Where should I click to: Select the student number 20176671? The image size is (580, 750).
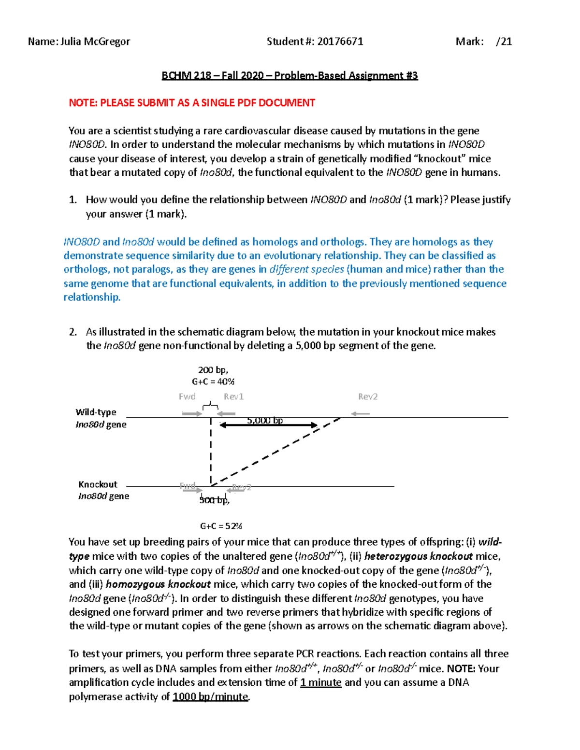pos(340,42)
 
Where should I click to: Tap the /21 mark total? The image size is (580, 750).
pos(504,42)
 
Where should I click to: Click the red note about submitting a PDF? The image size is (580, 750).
pos(192,103)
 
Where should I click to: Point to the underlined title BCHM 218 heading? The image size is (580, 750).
pos(290,76)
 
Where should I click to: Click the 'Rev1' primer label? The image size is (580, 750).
pos(233,396)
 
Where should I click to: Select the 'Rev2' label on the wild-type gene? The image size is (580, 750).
pos(367,396)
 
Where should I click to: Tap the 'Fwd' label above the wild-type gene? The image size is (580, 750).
pos(187,396)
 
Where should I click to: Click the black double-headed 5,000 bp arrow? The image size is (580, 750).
pos(268,425)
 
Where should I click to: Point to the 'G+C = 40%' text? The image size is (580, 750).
pos(213,382)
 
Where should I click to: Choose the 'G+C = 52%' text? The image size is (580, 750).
pos(221,526)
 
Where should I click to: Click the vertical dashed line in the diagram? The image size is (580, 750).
pos(211,452)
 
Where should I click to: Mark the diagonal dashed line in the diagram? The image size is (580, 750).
pos(275,452)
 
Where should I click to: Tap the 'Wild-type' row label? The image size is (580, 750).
pos(96,412)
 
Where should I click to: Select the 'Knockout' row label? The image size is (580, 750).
pos(98,484)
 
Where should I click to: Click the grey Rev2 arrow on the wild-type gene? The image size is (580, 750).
pos(361,414)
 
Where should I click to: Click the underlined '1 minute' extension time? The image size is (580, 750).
pos(320,683)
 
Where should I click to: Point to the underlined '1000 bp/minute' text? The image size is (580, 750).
pos(210,697)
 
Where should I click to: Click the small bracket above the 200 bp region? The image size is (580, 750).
pos(210,406)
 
